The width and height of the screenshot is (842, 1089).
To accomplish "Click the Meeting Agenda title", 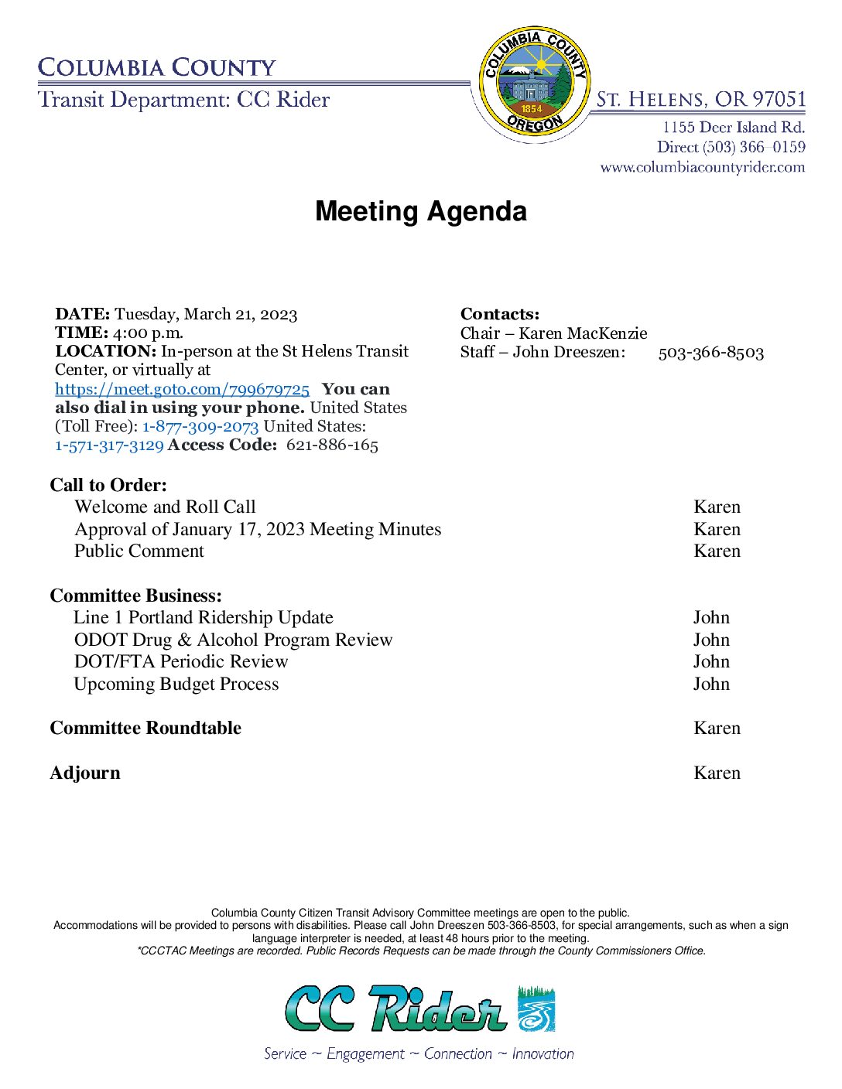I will click(420, 211).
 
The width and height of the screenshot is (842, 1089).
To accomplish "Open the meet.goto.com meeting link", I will click(182, 389).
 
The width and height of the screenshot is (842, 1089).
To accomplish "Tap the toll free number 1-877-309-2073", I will click(200, 426).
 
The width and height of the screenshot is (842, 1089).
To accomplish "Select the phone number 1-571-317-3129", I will click(109, 445).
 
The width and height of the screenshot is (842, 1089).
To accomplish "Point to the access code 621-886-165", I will click(332, 445).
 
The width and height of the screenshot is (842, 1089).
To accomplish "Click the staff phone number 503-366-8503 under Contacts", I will click(710, 353).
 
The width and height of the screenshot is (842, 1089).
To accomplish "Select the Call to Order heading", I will click(108, 485).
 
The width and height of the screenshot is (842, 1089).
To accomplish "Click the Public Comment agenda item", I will click(139, 551).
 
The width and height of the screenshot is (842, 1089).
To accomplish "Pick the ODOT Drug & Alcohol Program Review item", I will click(233, 640).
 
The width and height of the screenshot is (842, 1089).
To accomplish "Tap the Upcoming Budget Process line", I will click(176, 684).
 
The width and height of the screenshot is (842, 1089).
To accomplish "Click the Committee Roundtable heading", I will click(145, 728).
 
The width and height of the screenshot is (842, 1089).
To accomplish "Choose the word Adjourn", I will click(85, 773).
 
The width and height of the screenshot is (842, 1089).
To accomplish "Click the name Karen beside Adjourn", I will click(717, 773).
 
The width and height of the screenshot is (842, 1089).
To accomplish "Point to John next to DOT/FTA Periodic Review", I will click(711, 661).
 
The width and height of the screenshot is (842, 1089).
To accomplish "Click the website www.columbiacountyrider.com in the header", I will click(702, 167).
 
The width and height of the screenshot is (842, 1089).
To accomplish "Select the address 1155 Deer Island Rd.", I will click(733, 127).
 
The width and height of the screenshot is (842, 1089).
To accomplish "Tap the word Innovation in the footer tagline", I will click(543, 1053).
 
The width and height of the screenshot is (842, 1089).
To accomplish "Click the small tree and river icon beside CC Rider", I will click(536, 1009).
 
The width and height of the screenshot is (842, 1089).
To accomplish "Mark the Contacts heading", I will click(500, 314).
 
